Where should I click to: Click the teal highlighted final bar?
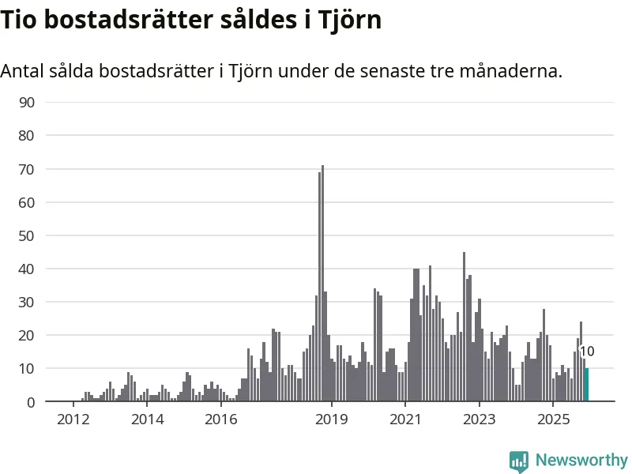[x=587, y=386]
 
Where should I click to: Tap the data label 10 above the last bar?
[x=587, y=352]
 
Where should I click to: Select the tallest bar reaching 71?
[x=322, y=284]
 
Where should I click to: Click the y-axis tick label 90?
[x=27, y=102]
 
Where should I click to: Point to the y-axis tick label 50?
[x=27, y=235]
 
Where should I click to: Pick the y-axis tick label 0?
[x=31, y=402]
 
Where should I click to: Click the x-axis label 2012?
[x=73, y=418]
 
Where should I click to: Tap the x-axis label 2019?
[x=332, y=418]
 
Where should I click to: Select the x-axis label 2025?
[x=553, y=418]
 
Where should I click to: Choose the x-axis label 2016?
[x=220, y=418]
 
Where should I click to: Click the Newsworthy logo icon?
[x=519, y=461]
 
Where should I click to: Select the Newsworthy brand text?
[x=581, y=460]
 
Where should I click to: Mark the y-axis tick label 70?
[x=27, y=169]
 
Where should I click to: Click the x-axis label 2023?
[x=480, y=418]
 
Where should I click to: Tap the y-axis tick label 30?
[x=27, y=302]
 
